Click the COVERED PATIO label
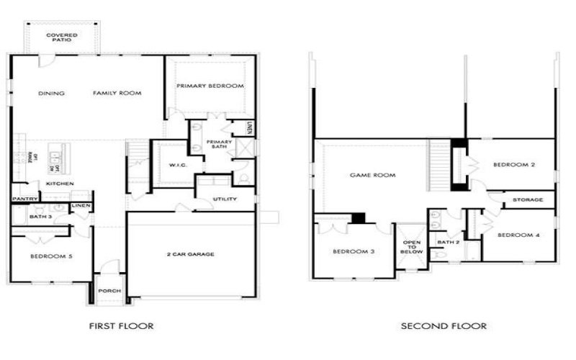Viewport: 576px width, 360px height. [x=62, y=37]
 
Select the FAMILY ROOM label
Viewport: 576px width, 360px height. [x=117, y=93]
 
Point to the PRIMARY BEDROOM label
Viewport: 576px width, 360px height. [x=210, y=86]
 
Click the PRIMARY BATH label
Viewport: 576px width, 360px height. [x=219, y=144]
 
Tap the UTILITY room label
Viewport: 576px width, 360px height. [x=225, y=199]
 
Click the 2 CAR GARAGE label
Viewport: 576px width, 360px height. [x=191, y=253]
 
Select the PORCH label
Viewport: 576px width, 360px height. [x=110, y=291]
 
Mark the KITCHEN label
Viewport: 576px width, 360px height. [x=60, y=184]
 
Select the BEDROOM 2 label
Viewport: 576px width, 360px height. [x=514, y=165]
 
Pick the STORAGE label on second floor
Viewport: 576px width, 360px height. [x=528, y=199]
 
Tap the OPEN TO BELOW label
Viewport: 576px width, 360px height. [x=412, y=247]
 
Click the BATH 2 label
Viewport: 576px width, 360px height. [x=448, y=242]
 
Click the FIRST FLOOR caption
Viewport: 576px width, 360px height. [x=121, y=326]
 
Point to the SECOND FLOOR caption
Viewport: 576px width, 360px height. [x=444, y=326]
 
